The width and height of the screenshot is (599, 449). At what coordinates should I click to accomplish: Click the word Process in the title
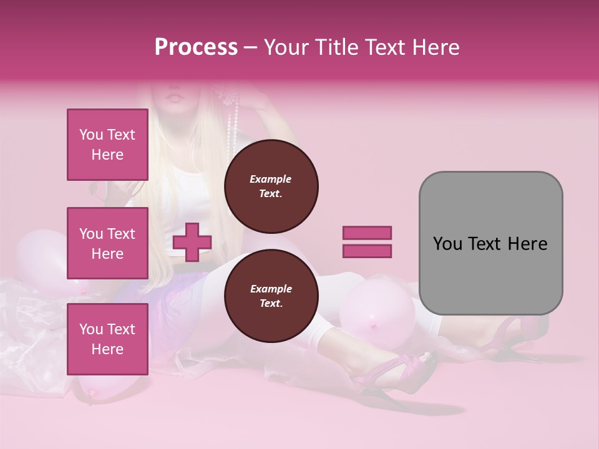[x=196, y=47]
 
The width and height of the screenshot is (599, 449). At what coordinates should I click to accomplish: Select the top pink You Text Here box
[x=107, y=145]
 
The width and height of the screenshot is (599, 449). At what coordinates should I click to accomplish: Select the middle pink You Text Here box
[x=107, y=243]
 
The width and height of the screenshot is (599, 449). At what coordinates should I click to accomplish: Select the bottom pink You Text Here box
[x=107, y=339]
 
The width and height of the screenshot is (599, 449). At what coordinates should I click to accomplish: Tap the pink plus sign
[x=192, y=242]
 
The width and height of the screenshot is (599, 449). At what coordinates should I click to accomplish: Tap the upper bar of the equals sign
[x=367, y=233]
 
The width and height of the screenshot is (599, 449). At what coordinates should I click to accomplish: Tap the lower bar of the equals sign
[x=367, y=251]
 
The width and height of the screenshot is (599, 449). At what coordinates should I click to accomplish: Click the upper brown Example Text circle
[x=271, y=186]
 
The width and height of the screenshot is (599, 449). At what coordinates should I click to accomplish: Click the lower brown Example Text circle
[x=271, y=296]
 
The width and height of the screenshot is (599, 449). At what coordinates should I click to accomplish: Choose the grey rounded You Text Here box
[x=490, y=243]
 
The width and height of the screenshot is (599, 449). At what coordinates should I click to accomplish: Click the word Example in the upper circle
[x=271, y=179]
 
